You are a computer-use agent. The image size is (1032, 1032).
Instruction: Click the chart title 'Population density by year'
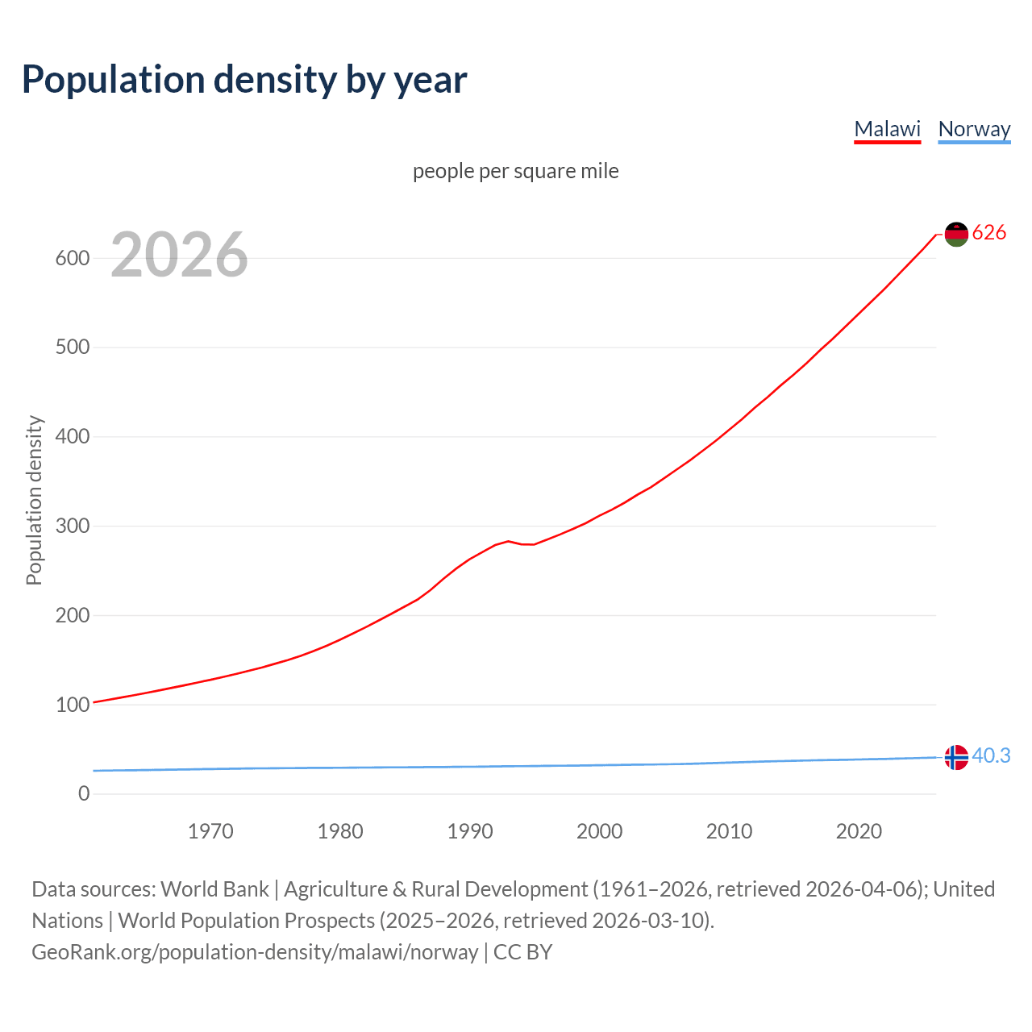tap(244, 80)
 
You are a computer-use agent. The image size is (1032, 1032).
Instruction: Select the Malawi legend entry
tap(887, 129)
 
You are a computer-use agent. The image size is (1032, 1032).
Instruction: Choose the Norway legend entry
tap(974, 129)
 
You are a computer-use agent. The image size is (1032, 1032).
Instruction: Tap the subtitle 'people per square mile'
tap(515, 172)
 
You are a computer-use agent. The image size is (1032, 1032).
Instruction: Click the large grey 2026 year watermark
tap(179, 255)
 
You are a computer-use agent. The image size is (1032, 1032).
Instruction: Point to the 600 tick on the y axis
tap(72, 259)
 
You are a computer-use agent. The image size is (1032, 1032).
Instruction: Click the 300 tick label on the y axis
tap(72, 526)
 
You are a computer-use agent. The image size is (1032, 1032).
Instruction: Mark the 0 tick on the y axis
tap(84, 794)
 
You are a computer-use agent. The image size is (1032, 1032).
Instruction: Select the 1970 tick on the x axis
tap(210, 831)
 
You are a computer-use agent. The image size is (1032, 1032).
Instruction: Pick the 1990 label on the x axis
tap(470, 831)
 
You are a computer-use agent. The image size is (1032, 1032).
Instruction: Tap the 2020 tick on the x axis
tap(859, 831)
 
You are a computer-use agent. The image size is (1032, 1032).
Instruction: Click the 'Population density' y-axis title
tap(34, 500)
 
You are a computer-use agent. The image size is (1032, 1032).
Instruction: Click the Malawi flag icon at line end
tap(956, 234)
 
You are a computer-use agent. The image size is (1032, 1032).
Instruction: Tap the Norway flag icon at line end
tap(956, 758)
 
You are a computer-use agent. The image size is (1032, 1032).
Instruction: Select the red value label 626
tap(989, 233)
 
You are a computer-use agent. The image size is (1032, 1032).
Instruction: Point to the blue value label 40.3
tap(991, 756)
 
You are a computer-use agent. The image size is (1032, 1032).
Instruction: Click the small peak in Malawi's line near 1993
tap(508, 541)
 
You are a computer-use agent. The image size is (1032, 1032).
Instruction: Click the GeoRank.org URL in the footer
tap(255, 952)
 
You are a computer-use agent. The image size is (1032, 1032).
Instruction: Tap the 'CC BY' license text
tap(523, 952)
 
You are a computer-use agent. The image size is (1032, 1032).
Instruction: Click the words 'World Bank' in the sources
tap(214, 889)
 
